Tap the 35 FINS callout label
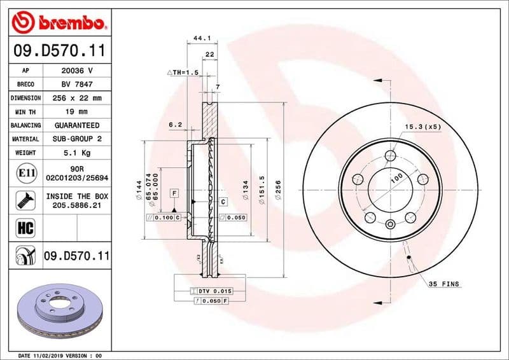pos(443,284)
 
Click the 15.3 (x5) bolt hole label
pos(422,127)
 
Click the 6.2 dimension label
pos(176,125)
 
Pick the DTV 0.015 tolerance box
pos(215,291)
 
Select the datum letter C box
pos(223,202)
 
